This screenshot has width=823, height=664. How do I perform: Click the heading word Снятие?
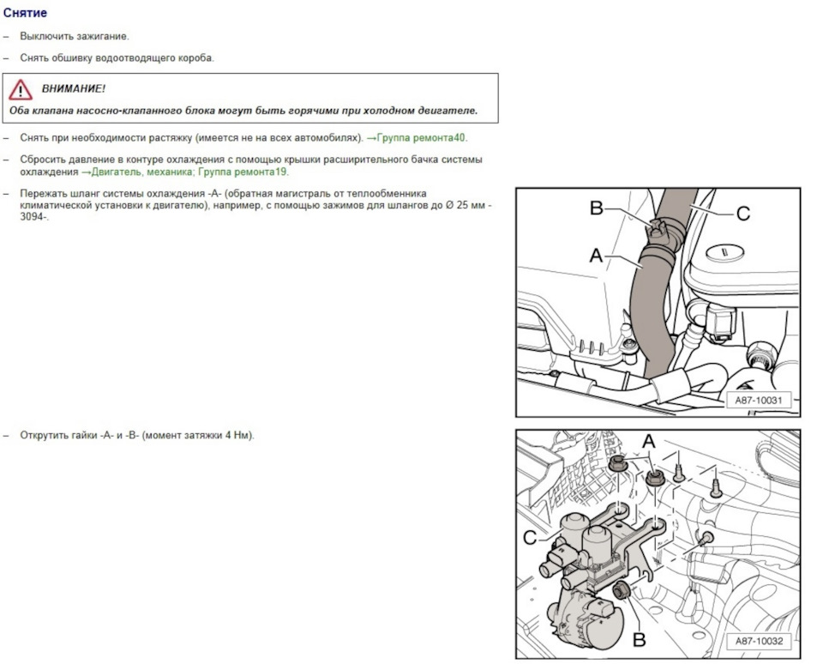click(x=25, y=13)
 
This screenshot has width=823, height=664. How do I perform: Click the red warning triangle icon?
click(x=21, y=90)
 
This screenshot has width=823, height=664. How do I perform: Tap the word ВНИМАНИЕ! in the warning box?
click(x=74, y=88)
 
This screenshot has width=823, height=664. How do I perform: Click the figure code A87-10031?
click(x=759, y=401)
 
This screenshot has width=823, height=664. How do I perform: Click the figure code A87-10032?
click(x=759, y=641)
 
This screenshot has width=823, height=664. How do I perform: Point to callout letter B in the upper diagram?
click(x=597, y=208)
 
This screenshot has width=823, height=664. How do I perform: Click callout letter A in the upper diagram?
click(x=597, y=256)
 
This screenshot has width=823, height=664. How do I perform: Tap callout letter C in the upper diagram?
click(x=743, y=214)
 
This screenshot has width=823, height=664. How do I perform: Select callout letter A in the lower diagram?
click(x=649, y=441)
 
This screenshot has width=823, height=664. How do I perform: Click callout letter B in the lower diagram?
click(x=640, y=639)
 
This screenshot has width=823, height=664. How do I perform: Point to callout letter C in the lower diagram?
click(x=530, y=537)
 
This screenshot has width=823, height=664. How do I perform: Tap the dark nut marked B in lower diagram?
click(x=622, y=590)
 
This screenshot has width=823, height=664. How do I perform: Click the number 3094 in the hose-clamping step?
click(x=32, y=216)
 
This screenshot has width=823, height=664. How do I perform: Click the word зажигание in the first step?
click(x=102, y=37)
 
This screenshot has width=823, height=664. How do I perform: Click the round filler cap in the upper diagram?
click(x=725, y=252)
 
